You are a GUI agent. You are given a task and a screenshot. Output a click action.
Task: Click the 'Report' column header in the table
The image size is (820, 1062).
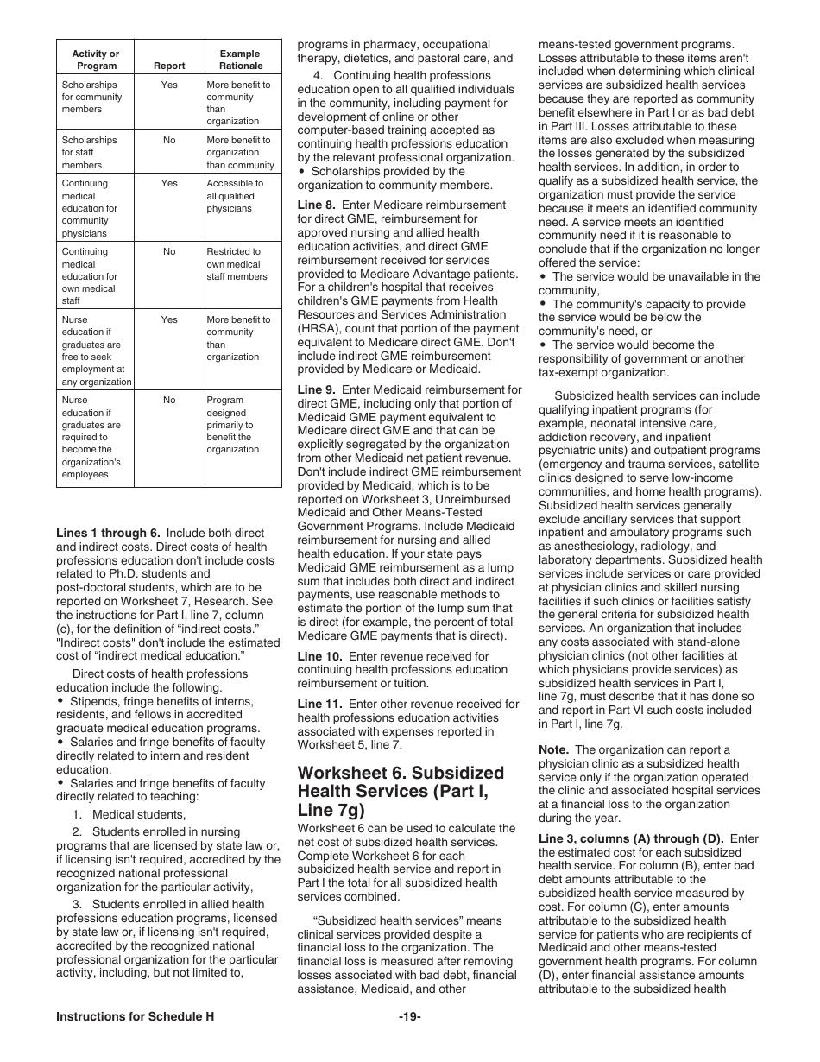[169, 66]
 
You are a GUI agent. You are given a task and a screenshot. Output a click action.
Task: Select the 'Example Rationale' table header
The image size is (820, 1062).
[241, 60]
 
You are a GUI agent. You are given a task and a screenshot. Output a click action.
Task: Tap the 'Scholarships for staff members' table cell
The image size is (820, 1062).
[89, 152]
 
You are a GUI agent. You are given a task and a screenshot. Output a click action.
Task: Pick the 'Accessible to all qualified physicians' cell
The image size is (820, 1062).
[231, 196]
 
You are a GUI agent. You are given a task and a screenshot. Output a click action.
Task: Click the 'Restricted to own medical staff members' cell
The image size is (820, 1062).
[237, 264]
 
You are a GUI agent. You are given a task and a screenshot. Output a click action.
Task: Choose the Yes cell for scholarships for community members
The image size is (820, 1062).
[169, 85]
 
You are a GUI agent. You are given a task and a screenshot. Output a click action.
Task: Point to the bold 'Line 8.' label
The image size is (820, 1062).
[317, 205]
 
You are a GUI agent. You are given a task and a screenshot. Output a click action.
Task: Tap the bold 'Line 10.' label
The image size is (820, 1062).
[319, 656]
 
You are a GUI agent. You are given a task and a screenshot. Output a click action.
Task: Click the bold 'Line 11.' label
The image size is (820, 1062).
[319, 705]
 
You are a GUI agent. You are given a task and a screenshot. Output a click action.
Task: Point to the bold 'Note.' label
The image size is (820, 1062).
[553, 750]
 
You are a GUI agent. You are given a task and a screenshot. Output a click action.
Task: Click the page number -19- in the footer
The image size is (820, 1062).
[409, 1016]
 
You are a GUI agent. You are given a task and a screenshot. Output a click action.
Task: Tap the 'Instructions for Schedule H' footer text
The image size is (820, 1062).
[135, 1016]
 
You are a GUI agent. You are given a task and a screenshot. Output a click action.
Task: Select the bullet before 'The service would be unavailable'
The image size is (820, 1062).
[543, 277]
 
